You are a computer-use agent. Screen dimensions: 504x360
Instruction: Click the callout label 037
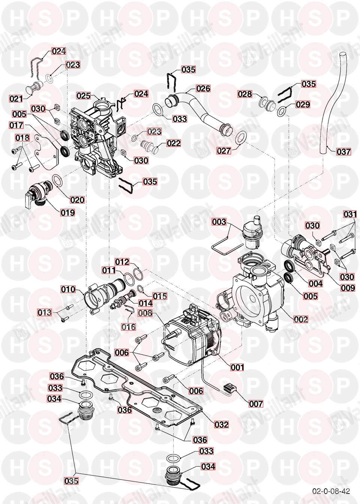coord(343,152)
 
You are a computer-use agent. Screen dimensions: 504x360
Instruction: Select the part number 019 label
coord(68,212)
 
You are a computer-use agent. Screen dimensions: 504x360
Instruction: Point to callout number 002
coord(301,319)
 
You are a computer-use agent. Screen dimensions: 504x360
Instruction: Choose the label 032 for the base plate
coord(221,424)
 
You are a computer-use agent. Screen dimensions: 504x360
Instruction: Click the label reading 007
coord(256,404)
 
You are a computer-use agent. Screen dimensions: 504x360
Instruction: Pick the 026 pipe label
coord(203,88)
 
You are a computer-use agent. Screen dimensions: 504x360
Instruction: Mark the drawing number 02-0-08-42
coord(331,491)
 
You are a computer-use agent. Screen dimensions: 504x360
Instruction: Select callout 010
coord(69,289)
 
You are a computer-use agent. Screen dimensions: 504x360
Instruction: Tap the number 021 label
coord(16,99)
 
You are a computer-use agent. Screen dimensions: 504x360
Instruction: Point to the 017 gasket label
coord(16,125)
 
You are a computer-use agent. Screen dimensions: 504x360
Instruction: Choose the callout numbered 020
coord(77,199)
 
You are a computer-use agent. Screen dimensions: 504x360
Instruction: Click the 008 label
coord(145,313)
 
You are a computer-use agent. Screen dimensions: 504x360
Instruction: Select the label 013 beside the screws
coord(44,312)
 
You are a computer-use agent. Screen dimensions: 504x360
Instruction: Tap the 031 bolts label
coord(350,214)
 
